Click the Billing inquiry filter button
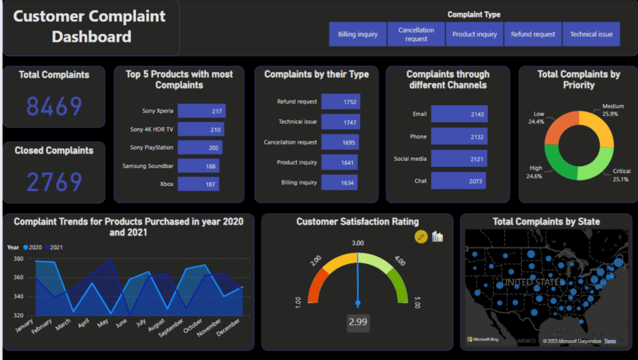coord(358,34)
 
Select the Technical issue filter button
coord(591,34)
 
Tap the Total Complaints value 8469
coord(54,107)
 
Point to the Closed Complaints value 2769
coord(54,182)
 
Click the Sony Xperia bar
coord(201,111)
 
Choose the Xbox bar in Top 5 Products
coord(198,184)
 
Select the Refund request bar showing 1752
coord(341,102)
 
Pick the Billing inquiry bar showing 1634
coord(340,182)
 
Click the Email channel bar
coord(459,114)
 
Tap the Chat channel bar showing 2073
coord(458,181)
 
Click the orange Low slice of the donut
coord(556,128)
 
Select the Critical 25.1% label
coord(621,175)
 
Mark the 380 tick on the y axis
coord(18,258)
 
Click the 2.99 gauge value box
coord(358,322)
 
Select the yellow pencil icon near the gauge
coord(421,237)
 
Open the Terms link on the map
coord(610,341)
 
